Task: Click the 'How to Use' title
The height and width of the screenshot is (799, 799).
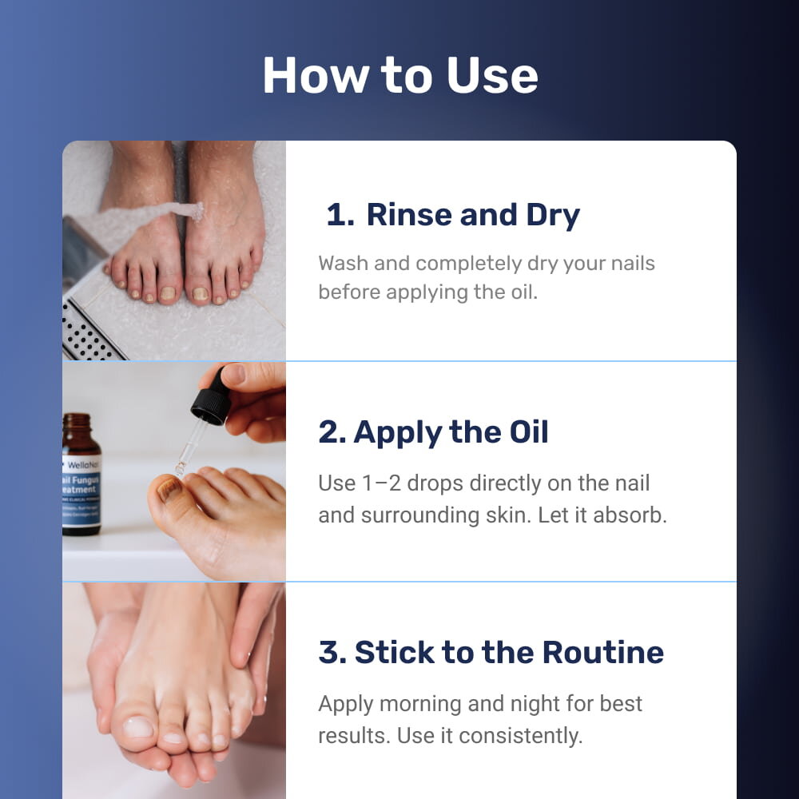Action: tap(400, 75)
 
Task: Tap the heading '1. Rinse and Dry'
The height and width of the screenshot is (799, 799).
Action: tap(453, 214)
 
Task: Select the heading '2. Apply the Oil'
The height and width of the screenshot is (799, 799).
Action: tap(433, 432)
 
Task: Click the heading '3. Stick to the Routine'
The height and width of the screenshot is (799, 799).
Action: tap(491, 652)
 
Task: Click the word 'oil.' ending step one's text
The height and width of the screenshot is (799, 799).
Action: tap(524, 292)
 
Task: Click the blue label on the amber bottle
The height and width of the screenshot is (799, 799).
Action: tap(81, 491)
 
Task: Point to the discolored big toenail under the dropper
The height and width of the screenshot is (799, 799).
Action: tap(169, 489)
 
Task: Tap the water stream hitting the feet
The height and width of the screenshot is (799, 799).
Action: tap(137, 221)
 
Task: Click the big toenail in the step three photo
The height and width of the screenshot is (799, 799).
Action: tap(138, 727)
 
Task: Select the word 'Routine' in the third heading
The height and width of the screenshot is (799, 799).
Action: tap(603, 652)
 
